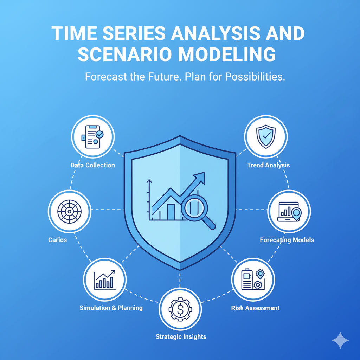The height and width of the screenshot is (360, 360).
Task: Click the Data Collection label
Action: pos(92,165)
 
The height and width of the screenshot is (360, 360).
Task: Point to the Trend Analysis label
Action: pos(268,165)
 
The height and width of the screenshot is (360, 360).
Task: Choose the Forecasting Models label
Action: pos(287,240)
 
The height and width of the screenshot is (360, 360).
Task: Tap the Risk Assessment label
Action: pos(255,308)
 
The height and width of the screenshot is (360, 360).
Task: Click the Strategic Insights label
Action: pos(181,337)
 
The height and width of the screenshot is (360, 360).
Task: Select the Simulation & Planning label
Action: pos(111,308)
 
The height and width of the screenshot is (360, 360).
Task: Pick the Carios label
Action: pos(57,240)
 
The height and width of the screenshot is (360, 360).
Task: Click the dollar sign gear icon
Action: pos(180,309)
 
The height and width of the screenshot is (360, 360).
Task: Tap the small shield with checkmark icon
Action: pos(266,137)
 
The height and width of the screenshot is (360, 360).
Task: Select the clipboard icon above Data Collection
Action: pos(92,137)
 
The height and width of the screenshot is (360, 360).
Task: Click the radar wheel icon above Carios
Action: pos(69,211)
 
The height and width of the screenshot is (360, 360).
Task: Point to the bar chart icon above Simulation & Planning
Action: pos(104,279)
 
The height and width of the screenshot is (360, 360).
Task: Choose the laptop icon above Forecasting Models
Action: pos(289,211)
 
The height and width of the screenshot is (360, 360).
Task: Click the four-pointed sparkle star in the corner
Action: pos(340,340)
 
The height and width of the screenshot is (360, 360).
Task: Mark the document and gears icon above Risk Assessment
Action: pos(253,279)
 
